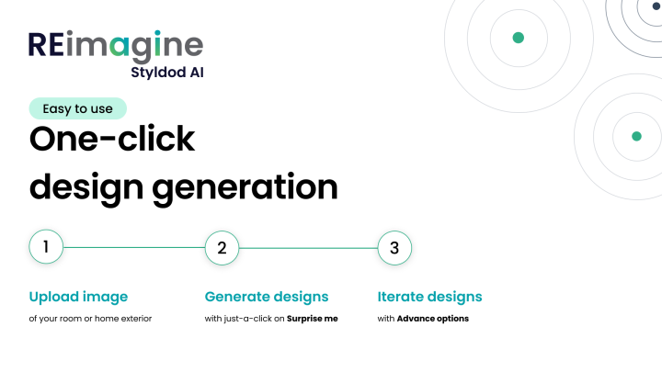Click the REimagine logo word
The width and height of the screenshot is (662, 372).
[x=116, y=45]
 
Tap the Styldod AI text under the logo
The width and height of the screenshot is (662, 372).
[x=167, y=73]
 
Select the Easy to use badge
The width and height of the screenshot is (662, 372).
[x=77, y=108]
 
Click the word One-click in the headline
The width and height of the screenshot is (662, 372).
[x=112, y=140]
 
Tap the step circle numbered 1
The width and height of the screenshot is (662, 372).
[x=46, y=247]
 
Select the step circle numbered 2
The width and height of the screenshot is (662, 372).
[x=221, y=247]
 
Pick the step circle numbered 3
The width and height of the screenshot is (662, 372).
[x=394, y=247]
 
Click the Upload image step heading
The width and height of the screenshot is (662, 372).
[x=78, y=297]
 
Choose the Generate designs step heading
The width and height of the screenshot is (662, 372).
[x=266, y=297]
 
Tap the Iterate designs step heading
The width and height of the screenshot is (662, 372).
[x=429, y=297]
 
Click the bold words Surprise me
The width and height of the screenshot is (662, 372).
[x=313, y=319]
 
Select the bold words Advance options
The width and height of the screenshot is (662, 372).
[x=432, y=319]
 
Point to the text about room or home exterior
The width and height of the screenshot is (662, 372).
[x=90, y=319]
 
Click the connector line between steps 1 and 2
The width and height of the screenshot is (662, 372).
[x=133, y=247]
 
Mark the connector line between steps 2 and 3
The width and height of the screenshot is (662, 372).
[x=308, y=247]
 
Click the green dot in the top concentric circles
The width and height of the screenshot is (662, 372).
[x=518, y=38]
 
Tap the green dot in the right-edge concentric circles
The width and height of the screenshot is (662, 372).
[x=636, y=136]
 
